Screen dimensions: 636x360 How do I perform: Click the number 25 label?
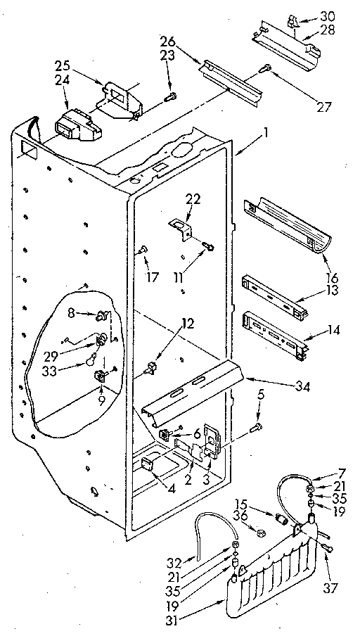[63, 65]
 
